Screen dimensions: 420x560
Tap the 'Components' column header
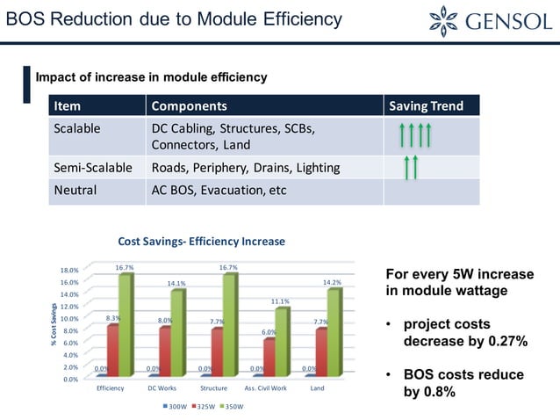(x=189, y=106)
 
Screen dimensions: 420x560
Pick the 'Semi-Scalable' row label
(x=93, y=167)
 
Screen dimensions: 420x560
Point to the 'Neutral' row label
(x=75, y=191)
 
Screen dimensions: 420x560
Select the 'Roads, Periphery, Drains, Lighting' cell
(x=245, y=167)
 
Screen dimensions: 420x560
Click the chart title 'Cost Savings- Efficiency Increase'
(x=202, y=241)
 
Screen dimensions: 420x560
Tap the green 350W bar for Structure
(x=230, y=325)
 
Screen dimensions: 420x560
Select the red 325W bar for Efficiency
(x=112, y=351)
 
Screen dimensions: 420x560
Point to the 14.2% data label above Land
(x=332, y=282)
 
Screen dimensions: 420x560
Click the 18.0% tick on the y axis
(x=68, y=271)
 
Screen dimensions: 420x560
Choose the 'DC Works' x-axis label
(x=162, y=388)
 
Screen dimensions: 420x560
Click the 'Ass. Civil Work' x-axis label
(x=265, y=388)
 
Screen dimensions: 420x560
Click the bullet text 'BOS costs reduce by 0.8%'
(x=462, y=384)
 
